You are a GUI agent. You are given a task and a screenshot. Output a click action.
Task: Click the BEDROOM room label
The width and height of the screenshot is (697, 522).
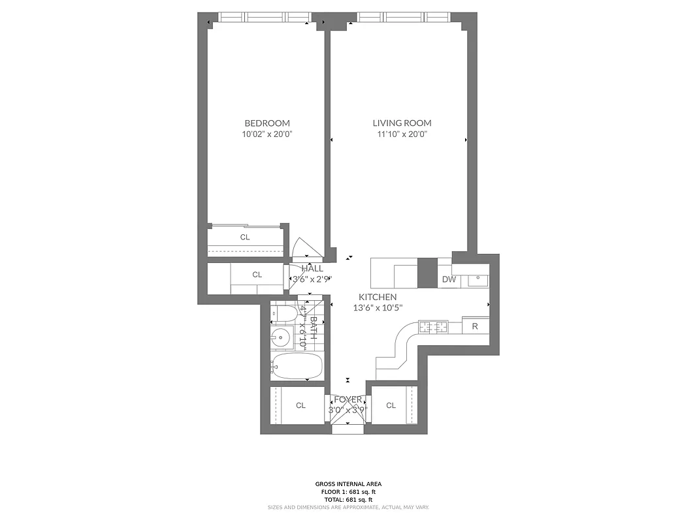coord(267,123)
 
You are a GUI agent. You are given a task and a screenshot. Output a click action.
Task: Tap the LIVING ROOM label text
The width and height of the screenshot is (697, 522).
coord(402,123)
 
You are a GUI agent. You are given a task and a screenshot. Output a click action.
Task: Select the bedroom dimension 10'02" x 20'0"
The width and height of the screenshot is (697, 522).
coord(267,134)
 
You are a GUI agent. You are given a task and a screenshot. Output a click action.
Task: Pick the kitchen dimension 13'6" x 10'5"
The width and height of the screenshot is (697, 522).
coord(378,308)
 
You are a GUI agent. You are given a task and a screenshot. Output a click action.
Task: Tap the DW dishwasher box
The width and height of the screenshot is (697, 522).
coord(449,280)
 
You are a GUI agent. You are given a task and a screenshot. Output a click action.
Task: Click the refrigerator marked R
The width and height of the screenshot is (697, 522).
coord(475,326)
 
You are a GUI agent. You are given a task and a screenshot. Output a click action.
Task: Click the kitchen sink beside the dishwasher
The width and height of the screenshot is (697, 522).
coord(478,280)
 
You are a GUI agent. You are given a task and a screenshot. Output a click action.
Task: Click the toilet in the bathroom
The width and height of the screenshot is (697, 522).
coord(282,313)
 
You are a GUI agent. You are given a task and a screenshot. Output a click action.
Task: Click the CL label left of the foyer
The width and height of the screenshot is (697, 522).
coord(300,405)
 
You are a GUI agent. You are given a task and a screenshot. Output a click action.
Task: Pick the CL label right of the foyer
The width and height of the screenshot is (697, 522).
coord(391,405)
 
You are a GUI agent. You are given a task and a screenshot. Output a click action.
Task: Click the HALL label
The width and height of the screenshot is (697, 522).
coord(312,268)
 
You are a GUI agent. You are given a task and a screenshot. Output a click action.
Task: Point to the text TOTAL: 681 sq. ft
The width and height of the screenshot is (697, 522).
coord(348,499)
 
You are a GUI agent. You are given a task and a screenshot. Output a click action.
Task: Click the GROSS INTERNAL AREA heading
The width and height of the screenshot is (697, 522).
coord(348,484)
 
